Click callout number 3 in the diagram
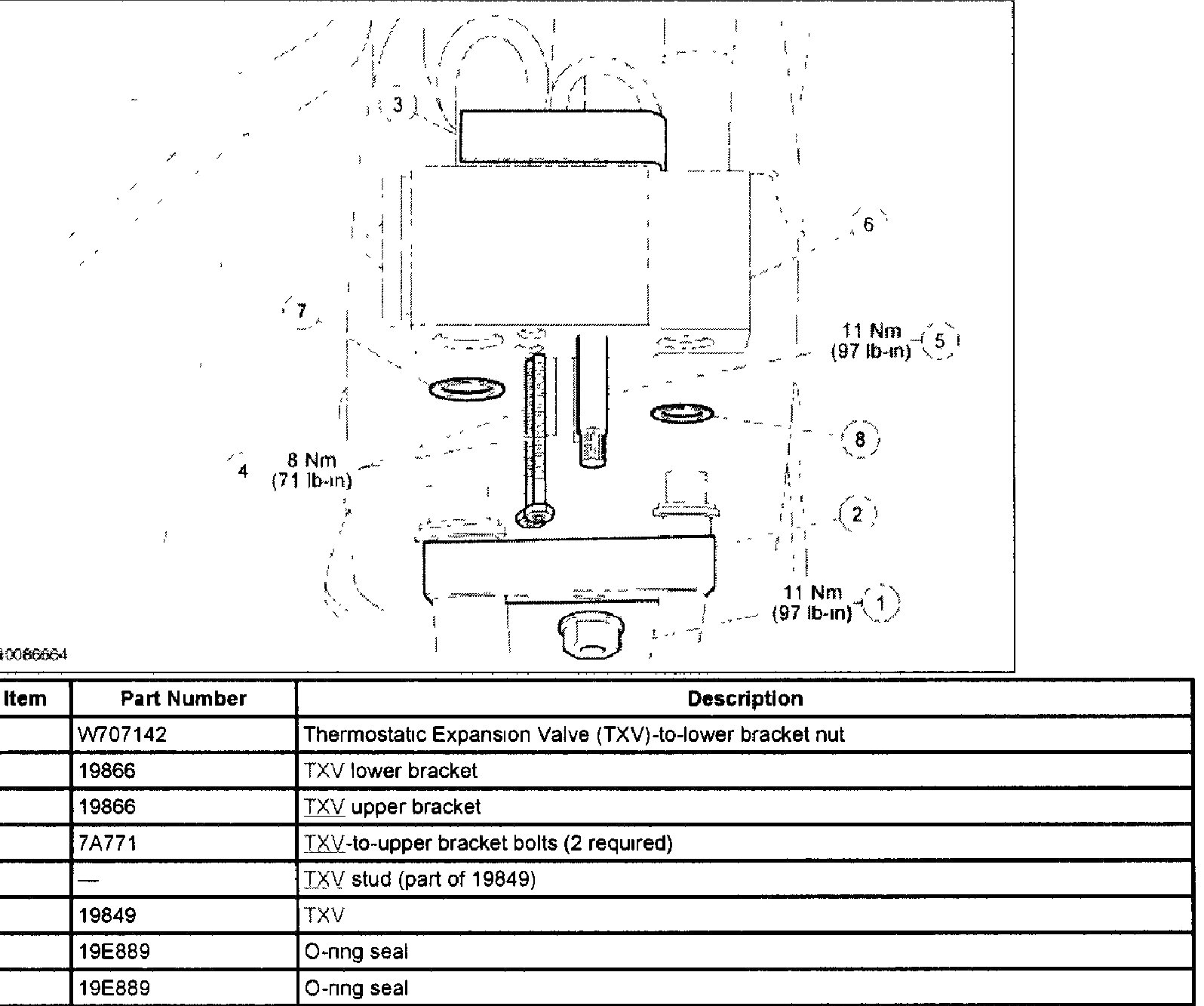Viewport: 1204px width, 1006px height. click(398, 105)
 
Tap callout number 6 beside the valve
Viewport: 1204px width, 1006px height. click(868, 224)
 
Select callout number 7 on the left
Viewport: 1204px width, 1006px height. click(301, 310)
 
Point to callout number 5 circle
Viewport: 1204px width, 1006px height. click(939, 340)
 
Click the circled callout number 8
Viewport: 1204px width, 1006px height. click(860, 439)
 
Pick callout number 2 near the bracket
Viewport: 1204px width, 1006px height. click(856, 515)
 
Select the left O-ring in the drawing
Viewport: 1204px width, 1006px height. click(468, 389)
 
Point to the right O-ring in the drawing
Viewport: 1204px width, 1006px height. click(682, 414)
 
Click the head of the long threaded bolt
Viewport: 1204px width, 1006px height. click(536, 516)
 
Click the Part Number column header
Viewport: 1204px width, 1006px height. click(183, 698)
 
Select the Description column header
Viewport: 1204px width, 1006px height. click(745, 698)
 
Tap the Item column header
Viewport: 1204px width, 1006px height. click(25, 698)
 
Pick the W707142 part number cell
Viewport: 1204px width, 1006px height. click(122, 734)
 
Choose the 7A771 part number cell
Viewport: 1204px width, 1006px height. click(108, 843)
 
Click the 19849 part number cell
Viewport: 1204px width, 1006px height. click(108, 915)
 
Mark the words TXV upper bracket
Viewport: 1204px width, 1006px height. click(392, 807)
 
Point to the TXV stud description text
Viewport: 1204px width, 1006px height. click(419, 879)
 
